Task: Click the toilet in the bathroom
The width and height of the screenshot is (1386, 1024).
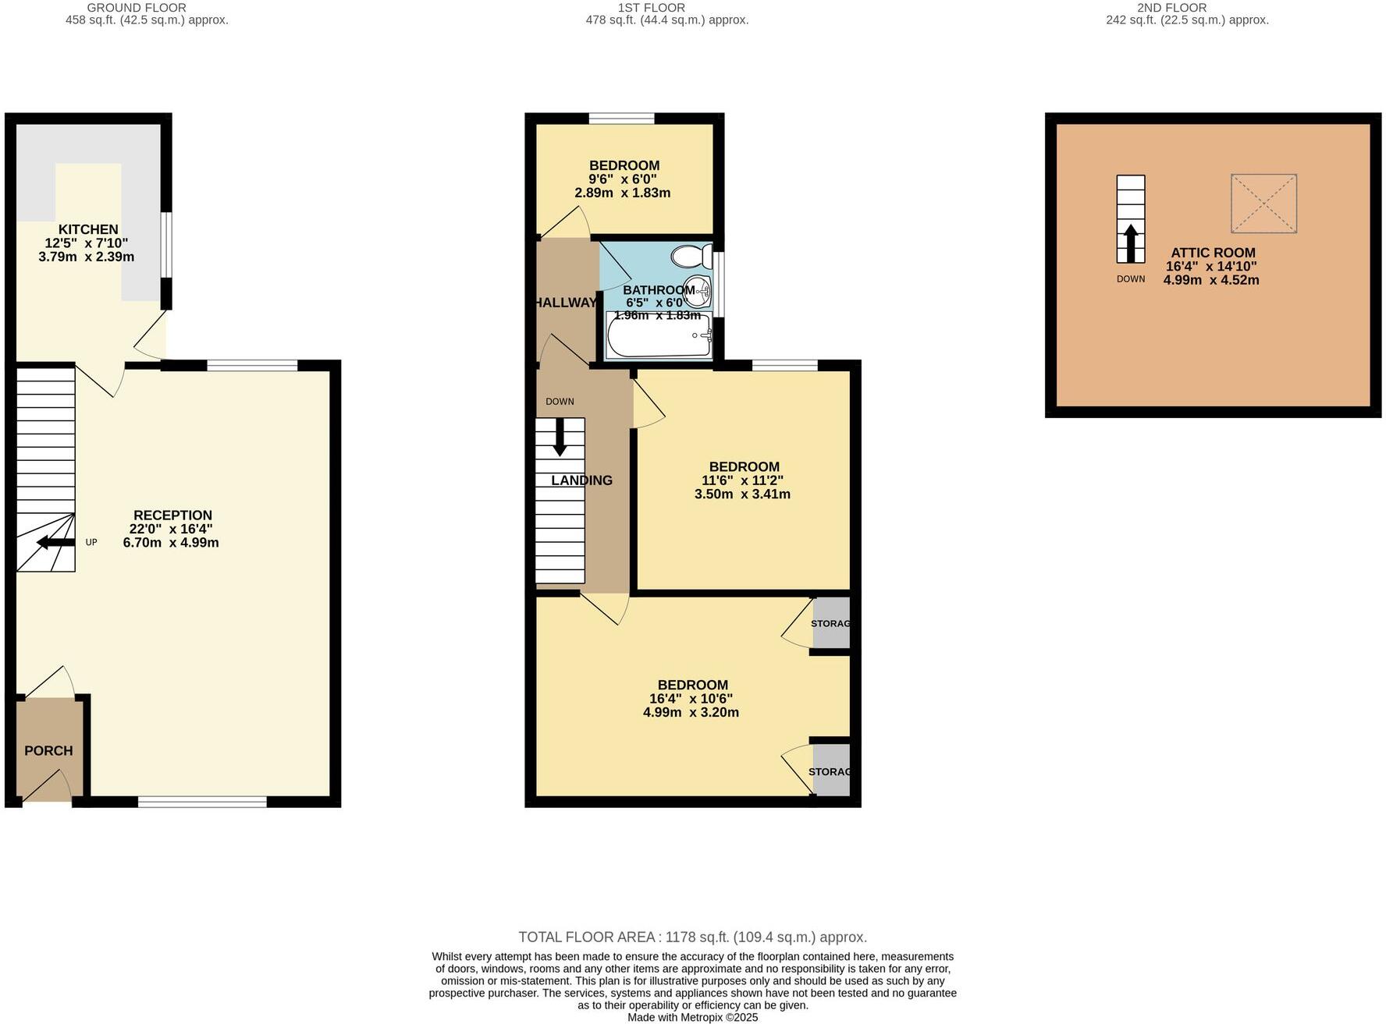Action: tap(691, 256)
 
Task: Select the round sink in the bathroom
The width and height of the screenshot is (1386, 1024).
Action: tap(698, 292)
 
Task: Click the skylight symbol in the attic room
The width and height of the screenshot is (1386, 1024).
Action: tap(1263, 204)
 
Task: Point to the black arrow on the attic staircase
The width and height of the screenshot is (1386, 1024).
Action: tap(1130, 243)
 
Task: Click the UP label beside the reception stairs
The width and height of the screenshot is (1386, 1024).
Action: tap(91, 542)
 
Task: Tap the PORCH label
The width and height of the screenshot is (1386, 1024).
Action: tap(48, 751)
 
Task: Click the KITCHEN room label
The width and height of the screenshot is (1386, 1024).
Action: tap(88, 229)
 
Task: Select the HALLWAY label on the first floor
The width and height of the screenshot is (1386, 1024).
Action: tap(566, 303)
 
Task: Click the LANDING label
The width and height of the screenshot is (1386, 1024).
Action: tap(581, 480)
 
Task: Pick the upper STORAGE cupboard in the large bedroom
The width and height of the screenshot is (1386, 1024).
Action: tap(831, 623)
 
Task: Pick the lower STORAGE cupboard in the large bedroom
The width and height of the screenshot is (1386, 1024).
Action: tap(831, 771)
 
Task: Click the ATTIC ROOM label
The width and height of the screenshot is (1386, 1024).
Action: tap(1213, 253)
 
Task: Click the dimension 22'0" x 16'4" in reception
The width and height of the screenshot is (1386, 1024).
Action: tap(171, 529)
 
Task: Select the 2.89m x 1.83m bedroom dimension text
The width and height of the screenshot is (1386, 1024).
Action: tap(622, 193)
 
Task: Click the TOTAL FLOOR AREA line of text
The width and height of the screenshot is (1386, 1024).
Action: tap(692, 937)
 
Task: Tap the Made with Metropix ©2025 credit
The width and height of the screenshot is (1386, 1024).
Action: tap(692, 1017)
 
